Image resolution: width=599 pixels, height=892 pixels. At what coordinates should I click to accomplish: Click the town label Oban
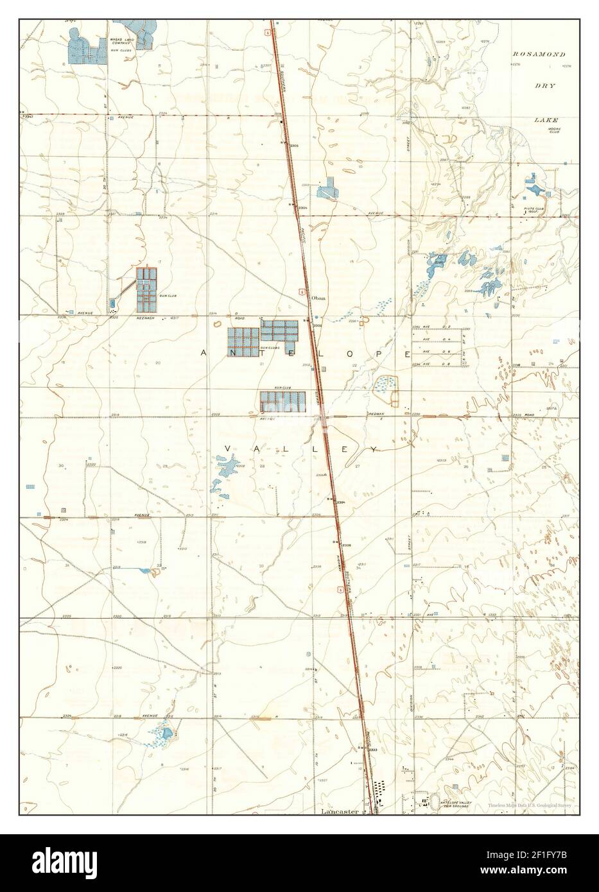(319, 298)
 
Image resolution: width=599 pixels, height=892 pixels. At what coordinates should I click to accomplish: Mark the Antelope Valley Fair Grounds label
(456, 804)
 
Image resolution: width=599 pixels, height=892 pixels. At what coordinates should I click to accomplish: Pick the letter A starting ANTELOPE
(204, 353)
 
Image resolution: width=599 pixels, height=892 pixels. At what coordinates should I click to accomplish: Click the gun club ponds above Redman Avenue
(282, 402)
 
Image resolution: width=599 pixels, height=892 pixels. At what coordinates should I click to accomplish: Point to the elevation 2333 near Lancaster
(372, 750)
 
